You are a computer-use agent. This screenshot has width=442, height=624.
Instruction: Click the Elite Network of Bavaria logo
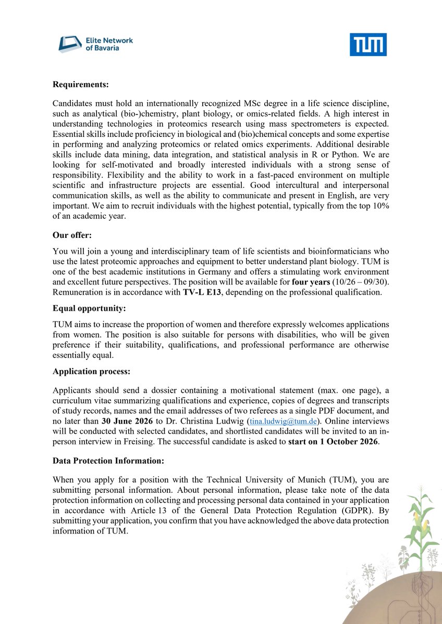click(x=95, y=44)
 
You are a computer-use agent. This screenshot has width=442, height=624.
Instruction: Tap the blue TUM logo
click(x=368, y=45)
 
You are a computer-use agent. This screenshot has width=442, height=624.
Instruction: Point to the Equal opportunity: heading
click(x=89, y=309)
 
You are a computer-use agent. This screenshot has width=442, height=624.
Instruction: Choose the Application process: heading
click(x=91, y=372)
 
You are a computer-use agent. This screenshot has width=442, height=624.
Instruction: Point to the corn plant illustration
click(x=416, y=520)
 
